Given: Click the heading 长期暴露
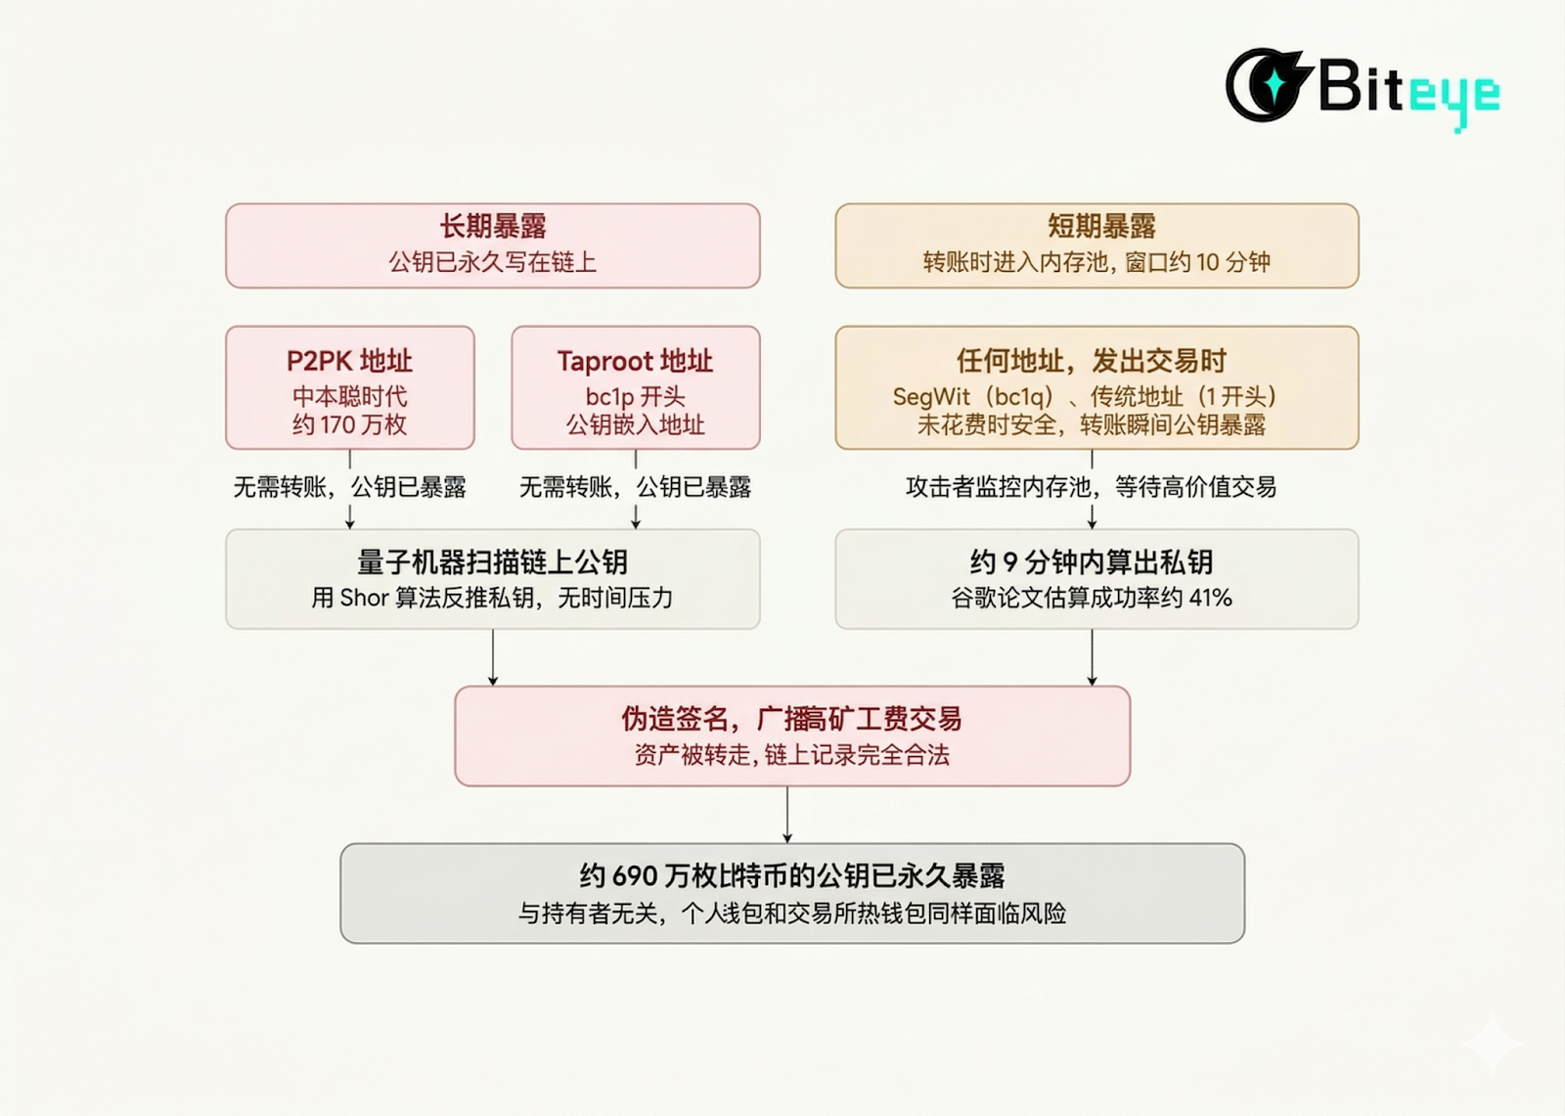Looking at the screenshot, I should coord(492,227).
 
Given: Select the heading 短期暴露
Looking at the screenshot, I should coord(1101,227).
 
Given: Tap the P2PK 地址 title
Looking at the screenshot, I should coord(349,361).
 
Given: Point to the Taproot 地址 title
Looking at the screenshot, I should coord(635,361).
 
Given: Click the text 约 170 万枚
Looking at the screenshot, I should coord(349,424).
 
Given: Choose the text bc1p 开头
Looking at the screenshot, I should coord(635,396).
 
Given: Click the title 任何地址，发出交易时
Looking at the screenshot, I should coord(1092,361).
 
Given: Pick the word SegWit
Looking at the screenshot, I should coord(930,396).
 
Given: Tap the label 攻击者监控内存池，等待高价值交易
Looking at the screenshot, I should coord(1092,486).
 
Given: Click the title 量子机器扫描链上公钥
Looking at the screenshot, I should coord(492,562).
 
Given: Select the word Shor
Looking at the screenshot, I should coord(364,598).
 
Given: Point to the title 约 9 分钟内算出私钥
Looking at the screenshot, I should coord(1092,562).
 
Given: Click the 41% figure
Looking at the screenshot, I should coord(1211,598).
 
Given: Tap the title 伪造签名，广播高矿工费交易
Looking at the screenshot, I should coord(791,719).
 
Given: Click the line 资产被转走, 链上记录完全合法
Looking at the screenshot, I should coord(791,755).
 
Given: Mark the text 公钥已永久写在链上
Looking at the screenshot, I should coord(492,262).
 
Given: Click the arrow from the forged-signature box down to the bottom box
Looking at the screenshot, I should coord(787,814).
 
